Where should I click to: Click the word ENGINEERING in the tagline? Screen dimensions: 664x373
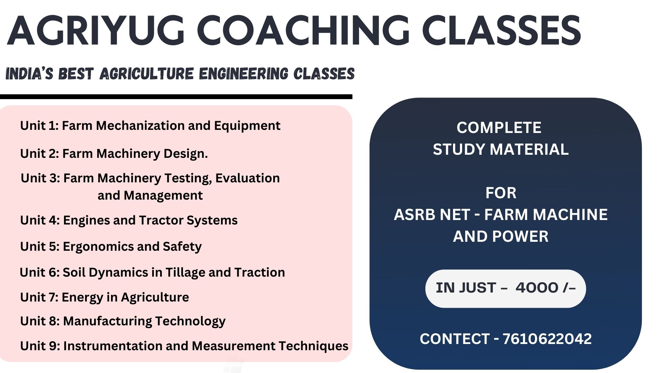[x=243, y=74]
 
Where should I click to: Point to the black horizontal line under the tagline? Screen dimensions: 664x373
[x=176, y=97]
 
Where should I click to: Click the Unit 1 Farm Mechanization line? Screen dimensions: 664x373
[x=150, y=126]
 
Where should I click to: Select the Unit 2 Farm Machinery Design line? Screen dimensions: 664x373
[x=114, y=153]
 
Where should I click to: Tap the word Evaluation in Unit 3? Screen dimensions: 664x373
[x=248, y=178]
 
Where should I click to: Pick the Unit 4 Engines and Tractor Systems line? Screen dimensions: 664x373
[x=129, y=220]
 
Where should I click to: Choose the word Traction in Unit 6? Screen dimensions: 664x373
[x=260, y=272]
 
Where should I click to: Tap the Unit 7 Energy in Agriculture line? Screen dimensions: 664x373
[x=104, y=297]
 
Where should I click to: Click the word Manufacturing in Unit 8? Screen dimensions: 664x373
[x=108, y=321]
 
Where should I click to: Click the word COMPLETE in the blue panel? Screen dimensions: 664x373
[x=499, y=128]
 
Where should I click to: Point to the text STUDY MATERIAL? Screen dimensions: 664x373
[x=501, y=150]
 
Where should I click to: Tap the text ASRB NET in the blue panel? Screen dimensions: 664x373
[x=432, y=215]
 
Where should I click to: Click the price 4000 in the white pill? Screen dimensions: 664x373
[x=537, y=288]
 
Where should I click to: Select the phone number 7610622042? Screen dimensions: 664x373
[x=547, y=339]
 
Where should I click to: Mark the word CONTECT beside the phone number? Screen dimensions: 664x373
[x=455, y=339]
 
